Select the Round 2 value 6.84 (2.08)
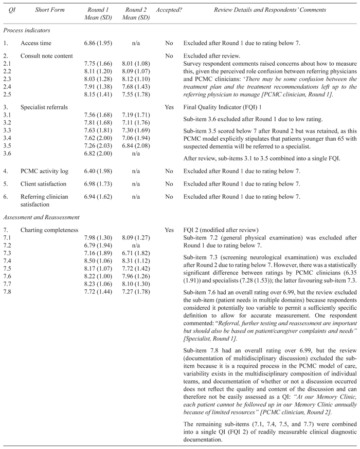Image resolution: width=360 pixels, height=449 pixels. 137,145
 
